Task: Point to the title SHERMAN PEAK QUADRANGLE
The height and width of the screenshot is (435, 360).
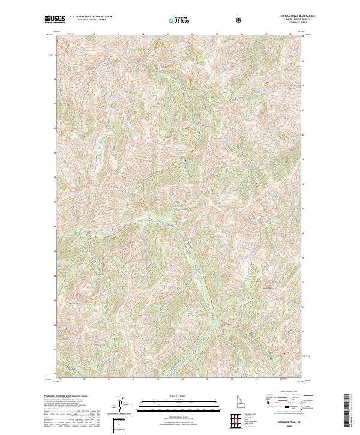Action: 289,16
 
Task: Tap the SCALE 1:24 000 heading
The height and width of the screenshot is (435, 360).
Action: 171,395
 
